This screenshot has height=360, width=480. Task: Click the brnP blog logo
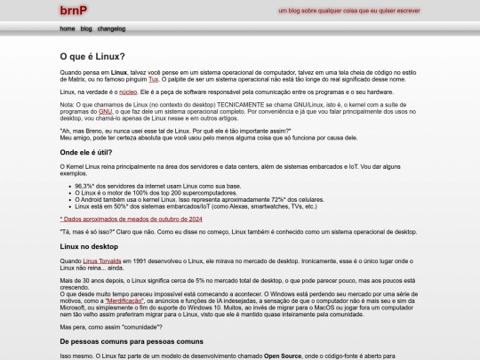[73, 11]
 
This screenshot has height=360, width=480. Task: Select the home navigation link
[68, 28]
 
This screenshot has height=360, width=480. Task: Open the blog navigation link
[86, 28]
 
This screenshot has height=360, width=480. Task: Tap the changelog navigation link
[111, 28]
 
